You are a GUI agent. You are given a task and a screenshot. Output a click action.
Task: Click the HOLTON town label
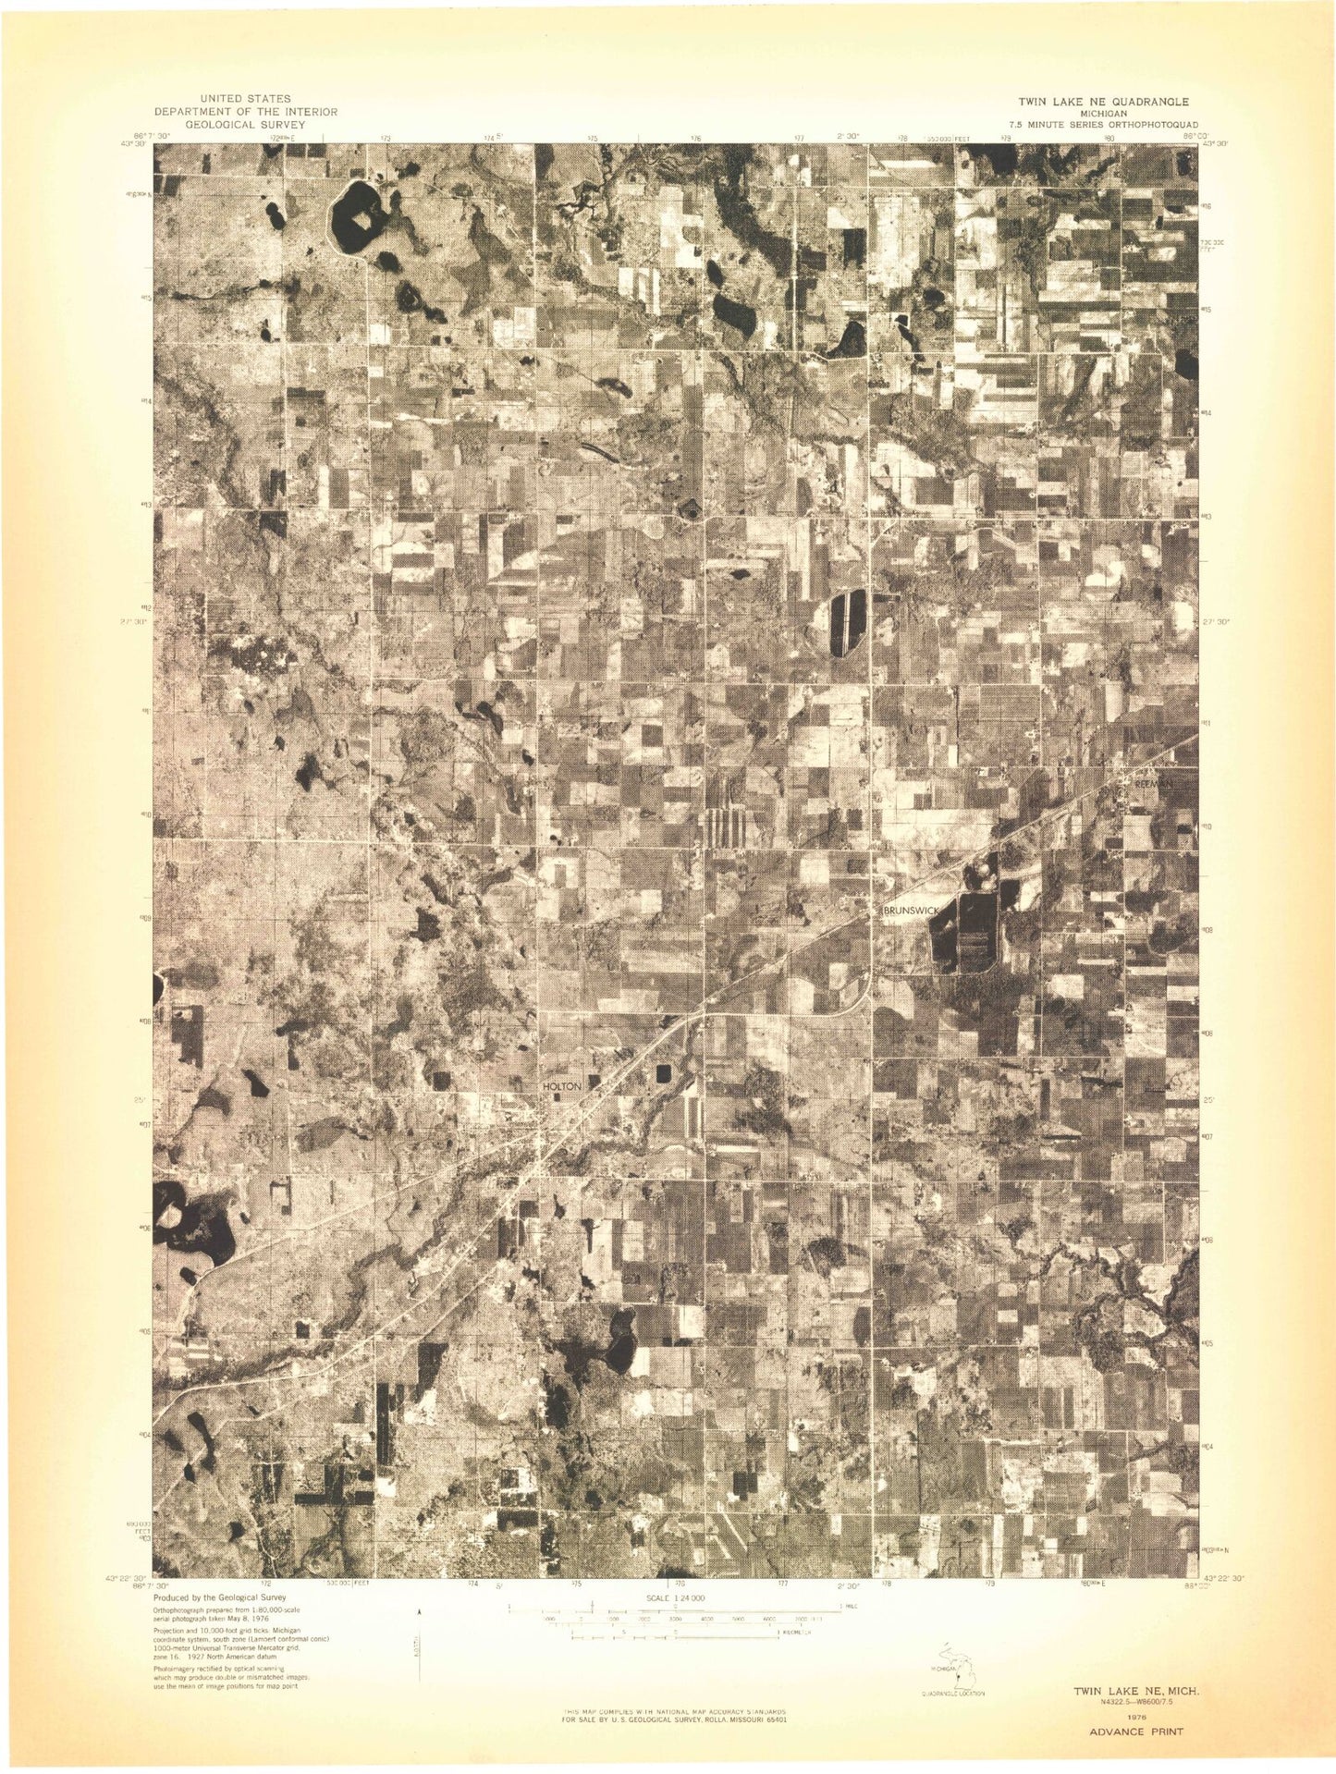tap(563, 1086)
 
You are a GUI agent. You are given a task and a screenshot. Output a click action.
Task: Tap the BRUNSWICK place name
tap(912, 911)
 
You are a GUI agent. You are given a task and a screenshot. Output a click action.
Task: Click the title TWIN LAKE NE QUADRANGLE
tap(1103, 102)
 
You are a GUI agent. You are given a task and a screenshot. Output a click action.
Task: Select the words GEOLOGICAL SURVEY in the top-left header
tap(245, 124)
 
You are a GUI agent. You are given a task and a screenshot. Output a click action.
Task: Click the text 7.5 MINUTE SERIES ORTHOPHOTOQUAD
tap(1103, 124)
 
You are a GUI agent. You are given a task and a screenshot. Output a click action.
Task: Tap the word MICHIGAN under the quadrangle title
tap(1103, 113)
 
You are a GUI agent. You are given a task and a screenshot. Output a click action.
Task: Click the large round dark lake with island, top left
tap(353, 219)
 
